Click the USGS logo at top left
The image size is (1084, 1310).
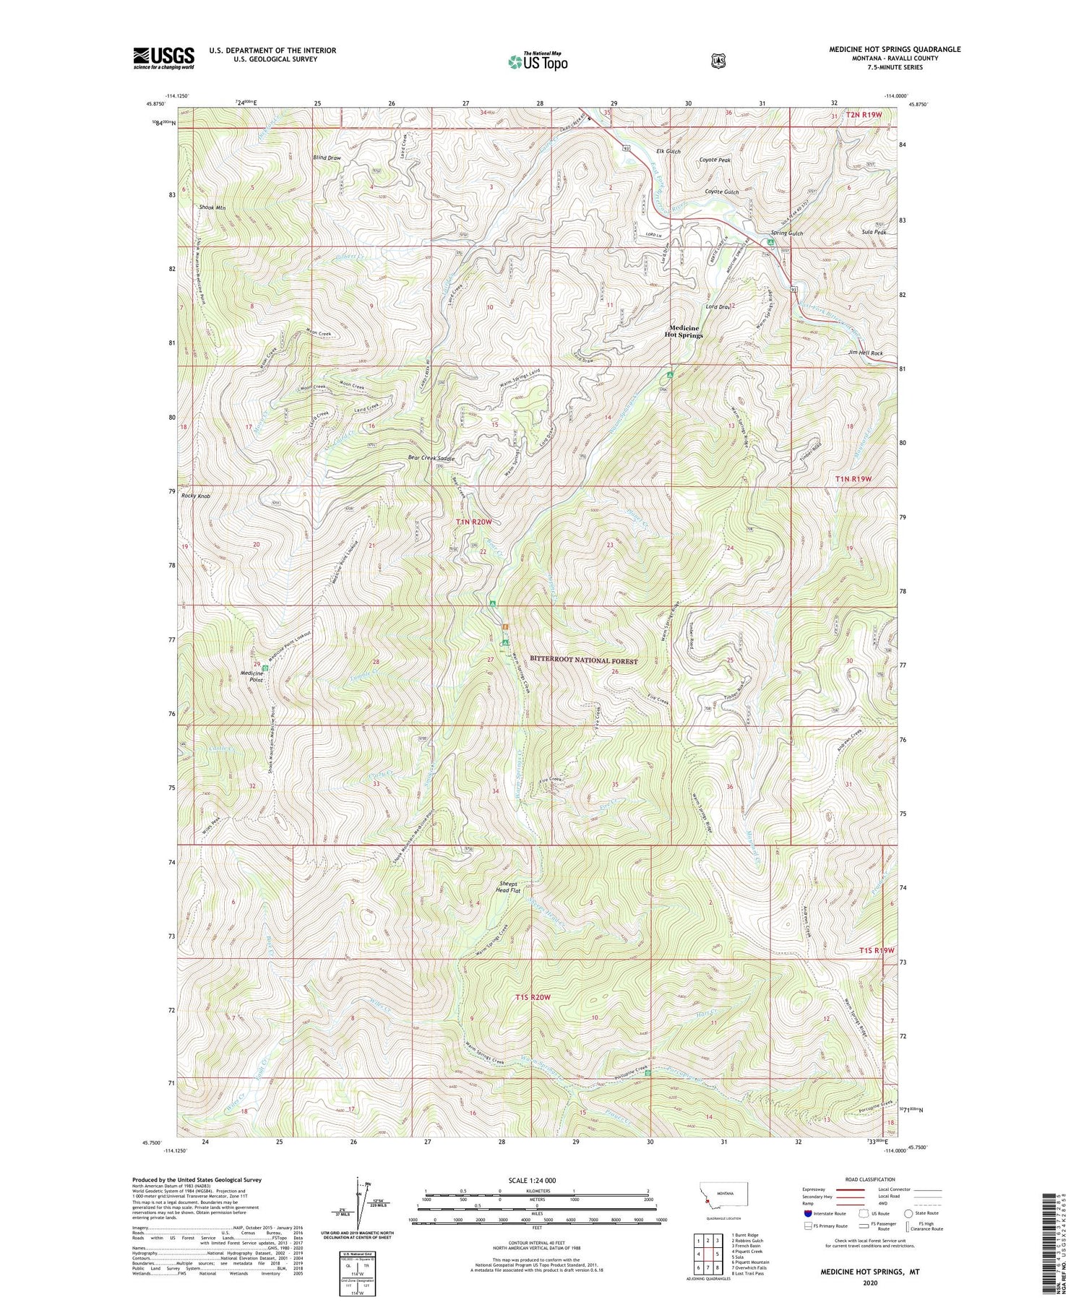164,58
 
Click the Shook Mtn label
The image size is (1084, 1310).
212,208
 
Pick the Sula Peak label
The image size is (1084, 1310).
874,232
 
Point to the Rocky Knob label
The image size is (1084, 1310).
196,496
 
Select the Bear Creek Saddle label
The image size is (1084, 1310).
431,458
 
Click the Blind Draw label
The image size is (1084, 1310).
327,157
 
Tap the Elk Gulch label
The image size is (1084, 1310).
668,151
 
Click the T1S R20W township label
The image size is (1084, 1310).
533,997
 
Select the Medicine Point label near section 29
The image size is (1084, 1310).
251,676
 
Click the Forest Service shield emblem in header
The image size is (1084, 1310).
717,61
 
